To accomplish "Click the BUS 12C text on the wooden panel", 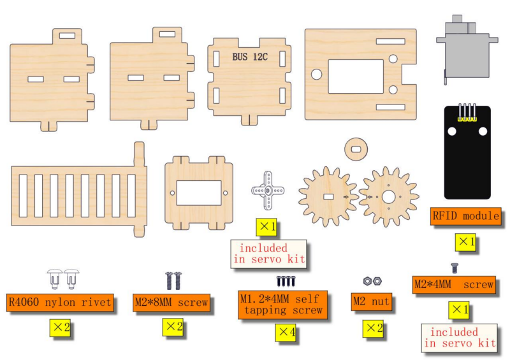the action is click(250, 57).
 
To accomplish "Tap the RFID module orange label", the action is click(465, 216).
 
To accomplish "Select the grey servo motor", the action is click(467, 50).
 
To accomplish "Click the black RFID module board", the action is click(467, 152).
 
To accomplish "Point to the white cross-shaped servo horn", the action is click(268, 191).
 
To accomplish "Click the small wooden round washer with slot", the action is click(356, 149).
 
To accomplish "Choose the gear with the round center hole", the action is click(389, 197).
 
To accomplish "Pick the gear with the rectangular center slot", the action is click(328, 197).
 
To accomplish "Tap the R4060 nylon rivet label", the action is click(60, 303).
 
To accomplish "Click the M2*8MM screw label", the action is click(171, 303).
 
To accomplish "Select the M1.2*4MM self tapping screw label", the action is click(282, 305).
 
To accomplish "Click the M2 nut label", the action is click(372, 302).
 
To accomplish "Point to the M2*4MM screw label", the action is click(454, 285).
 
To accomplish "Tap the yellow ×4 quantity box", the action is click(286, 333).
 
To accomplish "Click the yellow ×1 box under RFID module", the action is click(465, 242).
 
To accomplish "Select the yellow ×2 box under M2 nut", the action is click(374, 328).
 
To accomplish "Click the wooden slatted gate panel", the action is click(78, 196).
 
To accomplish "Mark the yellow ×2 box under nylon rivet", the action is click(60, 328).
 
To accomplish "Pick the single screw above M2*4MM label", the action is click(455, 268).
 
